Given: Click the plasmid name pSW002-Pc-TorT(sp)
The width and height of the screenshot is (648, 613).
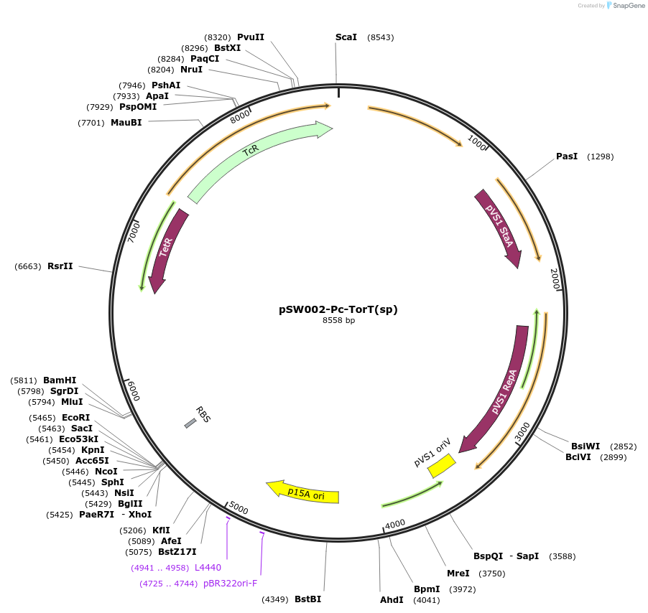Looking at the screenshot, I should [338, 309].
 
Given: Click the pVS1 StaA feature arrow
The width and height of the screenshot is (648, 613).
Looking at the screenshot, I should [499, 227].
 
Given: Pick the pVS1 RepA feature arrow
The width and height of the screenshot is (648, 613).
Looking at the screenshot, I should [502, 391].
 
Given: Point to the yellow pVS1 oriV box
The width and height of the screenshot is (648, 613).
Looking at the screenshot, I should [441, 467].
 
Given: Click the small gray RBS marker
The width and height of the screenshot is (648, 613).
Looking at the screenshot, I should [190, 424].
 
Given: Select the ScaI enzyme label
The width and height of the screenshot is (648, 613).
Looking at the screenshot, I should [346, 37].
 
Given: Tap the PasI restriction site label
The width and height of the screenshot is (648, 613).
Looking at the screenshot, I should [567, 156].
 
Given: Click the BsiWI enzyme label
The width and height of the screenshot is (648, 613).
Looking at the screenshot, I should [585, 446].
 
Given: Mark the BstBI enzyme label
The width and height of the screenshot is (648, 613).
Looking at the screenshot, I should [308, 599].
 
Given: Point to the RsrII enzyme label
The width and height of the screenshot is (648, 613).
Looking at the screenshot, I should [60, 266].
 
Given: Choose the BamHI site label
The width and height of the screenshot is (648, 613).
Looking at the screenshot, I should [60, 380].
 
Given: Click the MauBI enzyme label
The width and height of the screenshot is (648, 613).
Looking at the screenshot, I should [126, 123].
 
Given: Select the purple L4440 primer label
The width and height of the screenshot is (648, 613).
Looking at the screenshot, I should [208, 568].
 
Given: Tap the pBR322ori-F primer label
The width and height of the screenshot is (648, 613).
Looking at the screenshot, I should [230, 584].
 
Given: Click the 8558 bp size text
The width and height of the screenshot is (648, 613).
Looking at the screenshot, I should [338, 321].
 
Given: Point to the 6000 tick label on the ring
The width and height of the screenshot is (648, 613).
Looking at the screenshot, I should [134, 391].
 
